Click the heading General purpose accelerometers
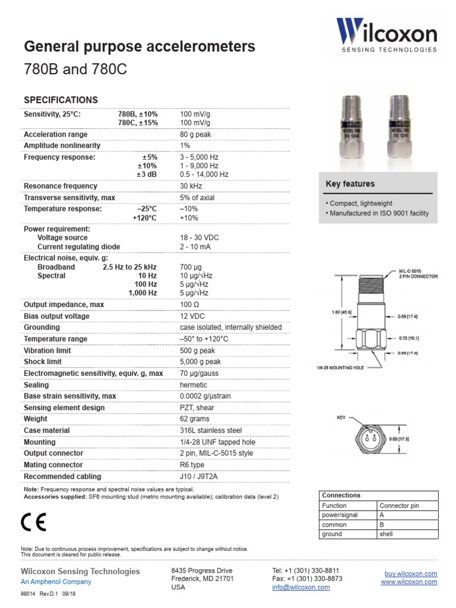click(x=139, y=46)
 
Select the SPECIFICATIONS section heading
click(x=61, y=100)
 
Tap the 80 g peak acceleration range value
click(x=196, y=134)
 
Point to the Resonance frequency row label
click(x=61, y=186)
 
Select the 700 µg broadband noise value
click(x=191, y=267)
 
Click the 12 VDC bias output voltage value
click(x=192, y=316)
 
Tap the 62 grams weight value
click(x=194, y=419)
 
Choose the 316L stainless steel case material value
click(x=211, y=430)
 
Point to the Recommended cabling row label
click(x=62, y=476)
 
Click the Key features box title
click(x=350, y=184)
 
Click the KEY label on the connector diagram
click(x=341, y=418)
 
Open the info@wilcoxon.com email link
click(x=301, y=587)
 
